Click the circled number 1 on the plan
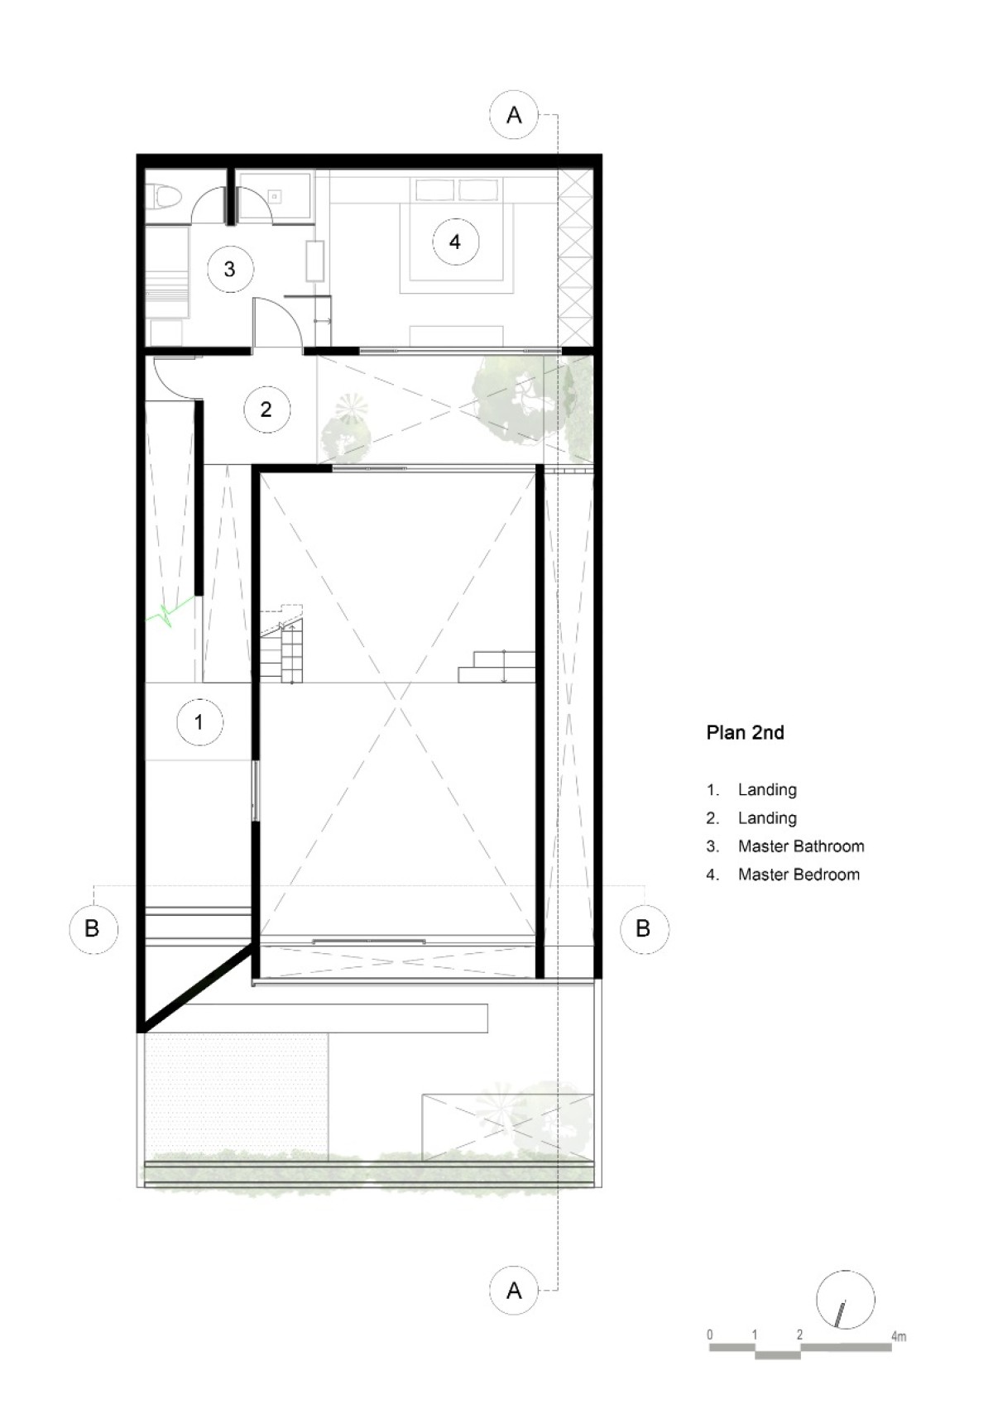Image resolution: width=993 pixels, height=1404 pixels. point(199,721)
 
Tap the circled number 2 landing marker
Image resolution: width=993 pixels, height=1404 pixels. point(266,409)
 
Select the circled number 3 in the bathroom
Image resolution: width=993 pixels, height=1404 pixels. point(229,269)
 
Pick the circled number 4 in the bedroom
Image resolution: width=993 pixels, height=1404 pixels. point(455,242)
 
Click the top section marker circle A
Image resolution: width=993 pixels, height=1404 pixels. point(514,115)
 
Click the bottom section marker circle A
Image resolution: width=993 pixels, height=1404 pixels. point(514,1290)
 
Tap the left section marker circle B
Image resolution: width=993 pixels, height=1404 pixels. point(94,928)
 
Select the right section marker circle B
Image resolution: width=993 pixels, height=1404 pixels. point(645,928)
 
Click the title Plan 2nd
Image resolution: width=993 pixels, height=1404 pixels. point(745,733)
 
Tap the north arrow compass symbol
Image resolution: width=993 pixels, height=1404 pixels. point(846,1300)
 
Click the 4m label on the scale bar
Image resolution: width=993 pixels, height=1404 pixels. point(899,1335)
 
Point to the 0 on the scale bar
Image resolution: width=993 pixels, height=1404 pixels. point(710,1335)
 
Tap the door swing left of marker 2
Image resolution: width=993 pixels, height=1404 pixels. point(175,379)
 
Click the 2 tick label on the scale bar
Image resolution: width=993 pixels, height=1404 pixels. point(800,1335)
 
